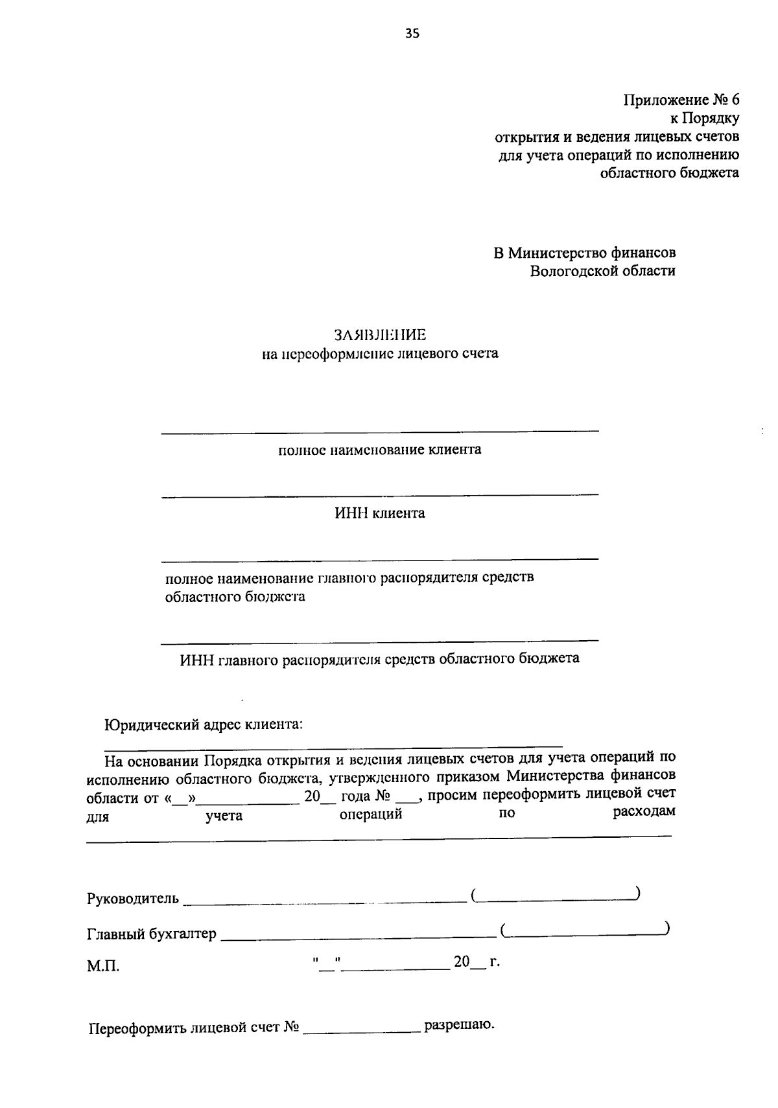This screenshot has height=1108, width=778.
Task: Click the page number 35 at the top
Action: point(412,34)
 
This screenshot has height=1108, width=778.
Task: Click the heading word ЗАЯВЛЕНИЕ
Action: point(380,335)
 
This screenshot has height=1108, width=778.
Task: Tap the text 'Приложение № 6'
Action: point(681,100)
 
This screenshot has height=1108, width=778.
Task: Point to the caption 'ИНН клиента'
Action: point(380,514)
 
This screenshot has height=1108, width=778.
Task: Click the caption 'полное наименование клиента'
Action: point(380,450)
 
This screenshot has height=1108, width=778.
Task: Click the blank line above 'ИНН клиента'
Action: point(380,496)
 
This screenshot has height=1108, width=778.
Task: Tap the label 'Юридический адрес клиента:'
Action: point(204,724)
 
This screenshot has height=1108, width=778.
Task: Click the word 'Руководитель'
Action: point(132,899)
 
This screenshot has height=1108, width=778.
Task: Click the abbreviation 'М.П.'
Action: point(103,967)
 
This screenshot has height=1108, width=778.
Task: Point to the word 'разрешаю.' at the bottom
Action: point(459,1026)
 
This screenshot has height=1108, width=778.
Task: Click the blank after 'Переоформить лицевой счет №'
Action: point(362,1030)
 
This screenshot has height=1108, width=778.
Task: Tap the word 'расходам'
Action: point(644,812)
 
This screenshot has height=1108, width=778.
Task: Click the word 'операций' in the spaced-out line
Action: point(371,814)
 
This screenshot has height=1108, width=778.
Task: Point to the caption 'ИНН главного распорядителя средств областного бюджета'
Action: point(380,660)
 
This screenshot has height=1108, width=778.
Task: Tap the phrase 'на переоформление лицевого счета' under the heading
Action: point(380,354)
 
